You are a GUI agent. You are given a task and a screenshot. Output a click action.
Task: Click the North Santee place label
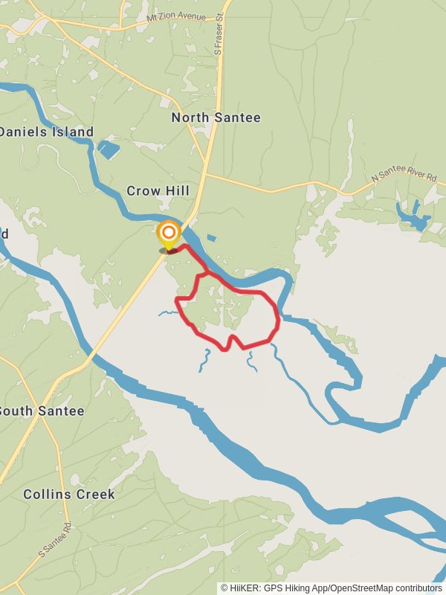pos(216,118)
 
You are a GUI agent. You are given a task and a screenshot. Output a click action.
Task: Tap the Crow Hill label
pos(158,191)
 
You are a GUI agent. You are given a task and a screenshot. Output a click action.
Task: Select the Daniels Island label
pos(46,132)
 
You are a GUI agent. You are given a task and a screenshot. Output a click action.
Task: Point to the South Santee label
pos(42,411)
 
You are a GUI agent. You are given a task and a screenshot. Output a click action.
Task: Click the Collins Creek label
pos(69,494)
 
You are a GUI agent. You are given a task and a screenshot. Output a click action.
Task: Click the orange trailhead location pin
pos(169,234)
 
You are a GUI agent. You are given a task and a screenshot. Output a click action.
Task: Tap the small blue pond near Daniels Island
pos(109,149)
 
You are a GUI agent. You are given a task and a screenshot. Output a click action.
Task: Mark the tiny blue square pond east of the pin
pos(212,239)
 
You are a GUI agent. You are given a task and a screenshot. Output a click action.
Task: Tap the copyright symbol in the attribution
pos(224,588)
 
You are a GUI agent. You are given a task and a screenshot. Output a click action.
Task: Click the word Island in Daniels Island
pos(73,132)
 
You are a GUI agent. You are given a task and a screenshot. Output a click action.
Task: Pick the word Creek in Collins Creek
pos(95,494)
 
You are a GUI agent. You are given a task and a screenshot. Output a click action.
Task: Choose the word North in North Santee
pos(193,118)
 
